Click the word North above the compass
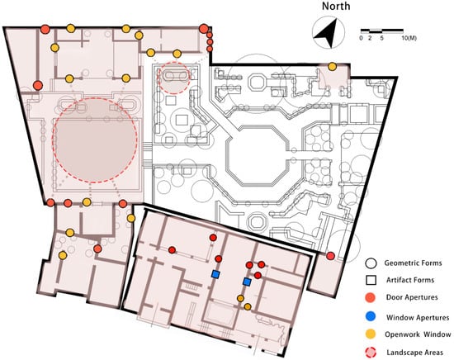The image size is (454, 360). tap(336, 6)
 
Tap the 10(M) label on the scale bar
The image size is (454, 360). tap(409, 38)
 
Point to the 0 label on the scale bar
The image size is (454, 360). tap(361, 38)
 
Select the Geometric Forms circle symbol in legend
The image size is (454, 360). tap(371, 263)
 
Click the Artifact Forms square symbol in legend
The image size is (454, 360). tap(371, 281)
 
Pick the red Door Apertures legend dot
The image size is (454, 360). tap(371, 297)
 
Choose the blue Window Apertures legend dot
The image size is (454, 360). tap(371, 316)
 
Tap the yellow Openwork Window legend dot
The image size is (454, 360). tap(371, 334)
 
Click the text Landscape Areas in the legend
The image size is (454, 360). tap(414, 353)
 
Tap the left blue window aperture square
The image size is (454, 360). tap(215, 273)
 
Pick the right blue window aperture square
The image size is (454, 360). tap(247, 282)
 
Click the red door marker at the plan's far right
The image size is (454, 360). tap(330, 256)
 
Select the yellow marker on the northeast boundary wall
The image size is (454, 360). tap(333, 67)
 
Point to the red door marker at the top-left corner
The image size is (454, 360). tap(45, 29)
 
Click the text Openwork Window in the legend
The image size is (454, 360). tap(418, 334)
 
